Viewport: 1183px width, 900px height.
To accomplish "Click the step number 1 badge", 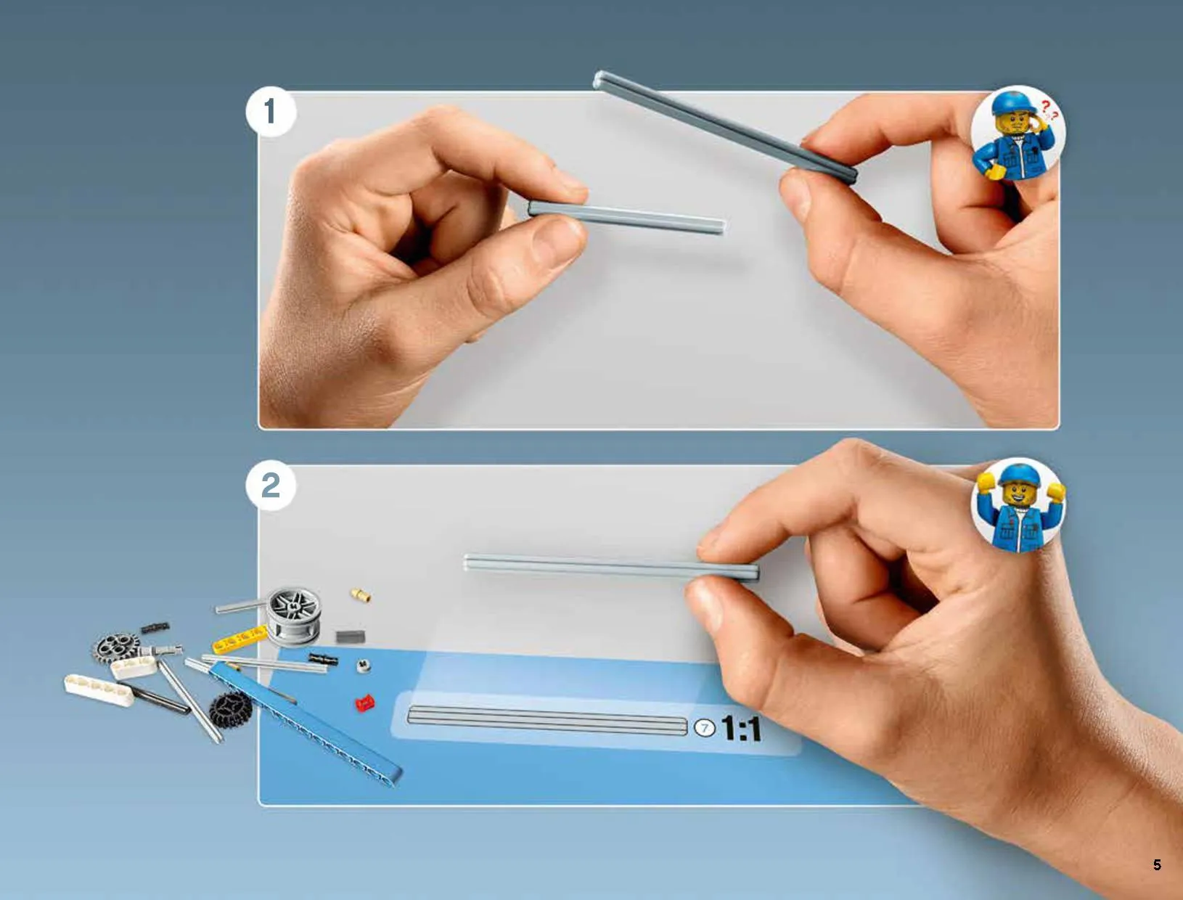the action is coord(271,112).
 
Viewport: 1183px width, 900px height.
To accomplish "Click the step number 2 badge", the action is coord(271,485).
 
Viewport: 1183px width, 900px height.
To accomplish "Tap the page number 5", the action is coord(1157,865).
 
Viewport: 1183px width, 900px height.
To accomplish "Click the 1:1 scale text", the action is coord(741,729).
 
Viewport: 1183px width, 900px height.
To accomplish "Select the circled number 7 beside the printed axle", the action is coord(705,728).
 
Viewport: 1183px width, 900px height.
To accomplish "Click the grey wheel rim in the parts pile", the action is coord(294,616).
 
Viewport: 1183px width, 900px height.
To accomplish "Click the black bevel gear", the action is coord(231,708).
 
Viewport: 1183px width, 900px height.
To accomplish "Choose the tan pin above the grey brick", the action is coord(361,595).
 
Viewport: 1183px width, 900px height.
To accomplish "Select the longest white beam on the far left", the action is coord(99,690).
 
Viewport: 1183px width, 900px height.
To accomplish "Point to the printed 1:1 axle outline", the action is coord(547,721).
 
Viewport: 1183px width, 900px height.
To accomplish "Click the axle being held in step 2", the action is coord(611,567).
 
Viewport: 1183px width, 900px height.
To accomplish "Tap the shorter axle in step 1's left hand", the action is coord(626,217).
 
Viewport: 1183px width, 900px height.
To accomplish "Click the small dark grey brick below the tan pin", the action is coord(351,637).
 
